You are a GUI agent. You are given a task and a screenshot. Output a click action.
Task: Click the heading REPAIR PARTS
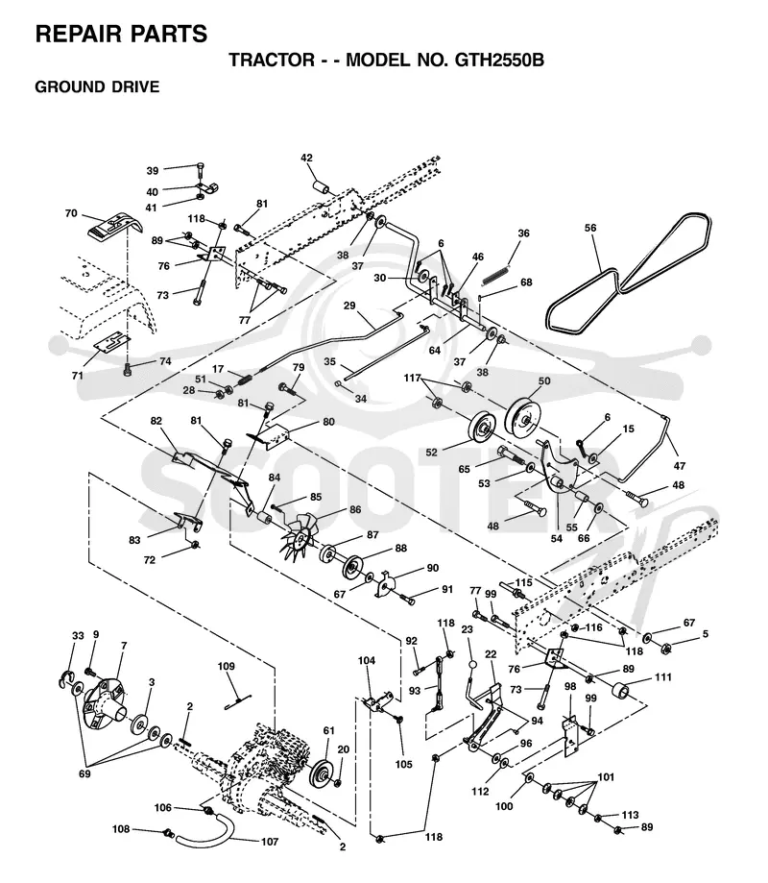(x=121, y=35)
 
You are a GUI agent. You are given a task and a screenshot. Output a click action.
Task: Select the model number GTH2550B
(x=499, y=60)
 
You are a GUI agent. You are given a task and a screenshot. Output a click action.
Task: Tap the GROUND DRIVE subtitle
(x=97, y=86)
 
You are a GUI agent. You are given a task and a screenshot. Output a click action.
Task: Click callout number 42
(x=306, y=158)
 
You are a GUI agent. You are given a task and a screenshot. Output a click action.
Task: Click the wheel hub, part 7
(x=107, y=699)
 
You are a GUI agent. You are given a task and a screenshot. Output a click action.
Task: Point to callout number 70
(x=71, y=213)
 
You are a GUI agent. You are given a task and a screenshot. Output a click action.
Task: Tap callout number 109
(x=227, y=666)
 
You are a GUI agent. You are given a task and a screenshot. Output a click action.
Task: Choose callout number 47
(x=680, y=466)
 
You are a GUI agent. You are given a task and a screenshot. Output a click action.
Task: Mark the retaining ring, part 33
(x=66, y=678)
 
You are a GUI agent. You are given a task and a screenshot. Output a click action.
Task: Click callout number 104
(x=367, y=660)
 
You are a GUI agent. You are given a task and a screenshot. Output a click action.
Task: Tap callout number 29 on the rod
(x=349, y=306)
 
